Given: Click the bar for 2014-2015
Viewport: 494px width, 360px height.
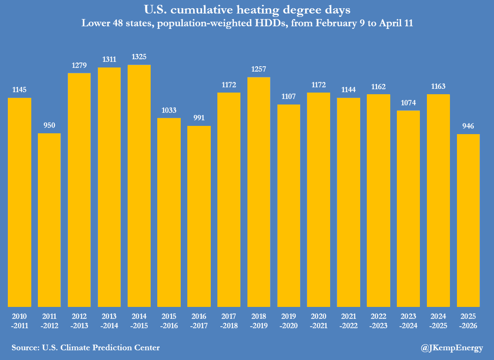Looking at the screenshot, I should pyautogui.click(x=139, y=185).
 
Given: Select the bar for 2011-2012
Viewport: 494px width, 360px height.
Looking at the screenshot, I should pyautogui.click(x=49, y=220).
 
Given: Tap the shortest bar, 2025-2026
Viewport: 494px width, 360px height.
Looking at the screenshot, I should pyautogui.click(x=468, y=220).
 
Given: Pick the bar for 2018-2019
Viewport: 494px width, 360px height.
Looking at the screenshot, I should pyautogui.click(x=259, y=192).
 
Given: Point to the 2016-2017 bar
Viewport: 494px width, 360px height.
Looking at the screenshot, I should pyautogui.click(x=199, y=216).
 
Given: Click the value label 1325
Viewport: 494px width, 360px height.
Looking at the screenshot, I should pyautogui.click(x=139, y=57).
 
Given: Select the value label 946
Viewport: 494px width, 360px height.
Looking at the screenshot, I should pyautogui.click(x=468, y=126).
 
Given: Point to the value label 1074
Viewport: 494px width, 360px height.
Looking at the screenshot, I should pyautogui.click(x=408, y=102).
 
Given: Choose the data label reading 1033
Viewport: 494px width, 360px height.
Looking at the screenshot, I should pyautogui.click(x=169, y=110).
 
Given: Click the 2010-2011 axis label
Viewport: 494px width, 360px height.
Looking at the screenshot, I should pyautogui.click(x=20, y=321).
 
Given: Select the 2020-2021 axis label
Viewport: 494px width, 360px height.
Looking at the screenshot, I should pyautogui.click(x=319, y=321).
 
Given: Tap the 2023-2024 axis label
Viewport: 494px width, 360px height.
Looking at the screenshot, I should pyautogui.click(x=408, y=321).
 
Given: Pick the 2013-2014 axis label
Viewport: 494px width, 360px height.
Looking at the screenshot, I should pyautogui.click(x=109, y=321).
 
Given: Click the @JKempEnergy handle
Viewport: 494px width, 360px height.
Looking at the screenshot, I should pyautogui.click(x=452, y=348).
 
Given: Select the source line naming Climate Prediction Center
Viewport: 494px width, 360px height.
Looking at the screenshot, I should pyautogui.click(x=86, y=348).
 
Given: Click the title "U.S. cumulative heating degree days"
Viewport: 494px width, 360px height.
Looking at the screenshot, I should pyautogui.click(x=247, y=9).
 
